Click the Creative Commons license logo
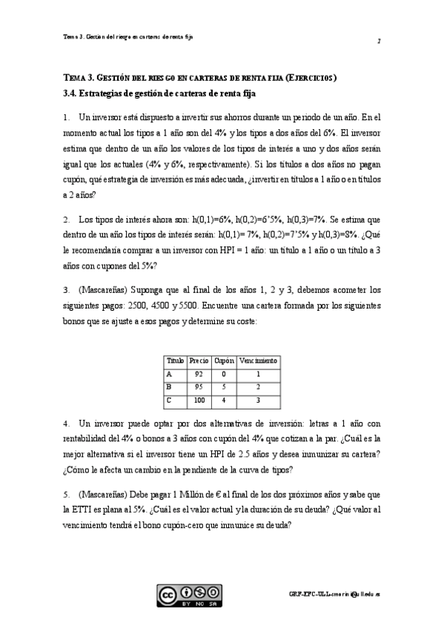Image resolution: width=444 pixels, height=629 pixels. click(188, 596)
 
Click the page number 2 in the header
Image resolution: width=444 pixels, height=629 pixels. click(378, 41)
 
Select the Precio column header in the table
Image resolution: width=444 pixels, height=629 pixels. click(199, 360)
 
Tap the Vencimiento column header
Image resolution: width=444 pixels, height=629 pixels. click(258, 360)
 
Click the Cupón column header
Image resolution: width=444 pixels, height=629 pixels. click(224, 360)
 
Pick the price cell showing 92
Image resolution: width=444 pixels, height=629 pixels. click(199, 373)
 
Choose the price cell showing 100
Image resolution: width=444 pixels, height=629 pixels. click(199, 401)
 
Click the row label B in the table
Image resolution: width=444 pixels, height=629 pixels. click(170, 387)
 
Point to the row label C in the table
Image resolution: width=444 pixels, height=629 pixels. click(170, 401)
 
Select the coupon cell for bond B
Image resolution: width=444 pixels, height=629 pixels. click(224, 387)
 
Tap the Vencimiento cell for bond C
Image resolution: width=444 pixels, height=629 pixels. click(258, 401)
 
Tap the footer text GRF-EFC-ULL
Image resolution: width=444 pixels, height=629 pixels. click(305, 595)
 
